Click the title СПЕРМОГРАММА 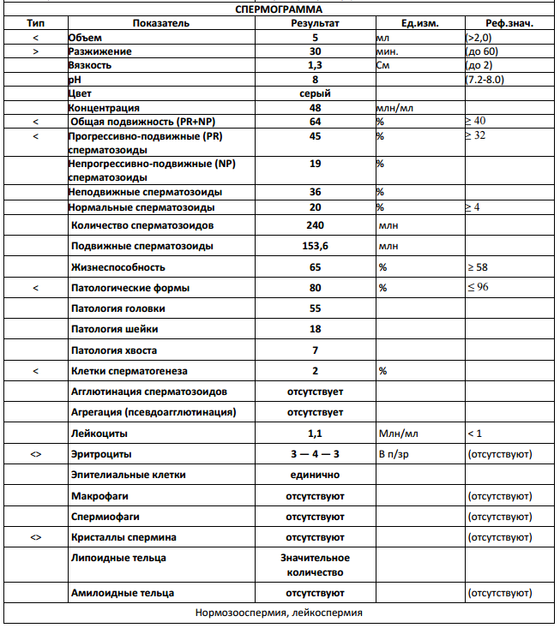coord(279,9)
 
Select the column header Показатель coord(160,23)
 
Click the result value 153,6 coord(315,246)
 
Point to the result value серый coord(315,93)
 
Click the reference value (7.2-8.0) coord(491,79)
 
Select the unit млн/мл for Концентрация coord(395,108)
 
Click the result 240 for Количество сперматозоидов coord(315,225)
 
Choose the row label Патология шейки coord(114,329)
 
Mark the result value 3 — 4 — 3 coord(315,453)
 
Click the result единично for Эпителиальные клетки coord(315,474)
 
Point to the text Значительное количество coord(315,565)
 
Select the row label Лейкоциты coord(99,433)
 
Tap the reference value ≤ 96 coord(478,288)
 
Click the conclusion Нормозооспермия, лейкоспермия coord(279,613)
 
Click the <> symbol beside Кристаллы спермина coord(36,537)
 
